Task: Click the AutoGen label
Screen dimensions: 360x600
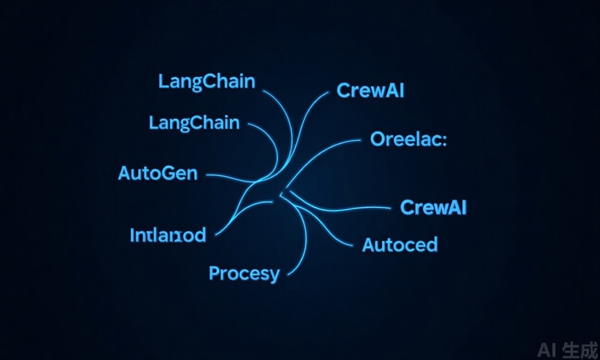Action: (x=157, y=173)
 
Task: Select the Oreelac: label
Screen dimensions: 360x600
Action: (x=408, y=139)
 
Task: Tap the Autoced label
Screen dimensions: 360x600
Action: (x=400, y=245)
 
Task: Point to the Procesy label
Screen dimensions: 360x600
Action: (x=244, y=273)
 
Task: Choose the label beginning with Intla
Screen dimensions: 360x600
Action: (x=167, y=235)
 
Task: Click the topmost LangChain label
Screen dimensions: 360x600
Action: (x=207, y=82)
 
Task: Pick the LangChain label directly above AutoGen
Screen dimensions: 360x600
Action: (x=194, y=123)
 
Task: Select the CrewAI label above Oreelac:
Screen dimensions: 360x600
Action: (x=370, y=90)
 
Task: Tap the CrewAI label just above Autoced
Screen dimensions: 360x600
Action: (x=434, y=207)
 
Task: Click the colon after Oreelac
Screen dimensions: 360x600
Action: (x=444, y=140)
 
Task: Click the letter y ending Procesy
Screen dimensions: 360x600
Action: (x=274, y=275)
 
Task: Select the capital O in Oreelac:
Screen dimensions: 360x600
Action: (x=378, y=139)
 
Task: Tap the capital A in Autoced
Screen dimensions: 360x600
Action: (x=369, y=245)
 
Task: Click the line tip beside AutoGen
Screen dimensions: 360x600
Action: (x=208, y=174)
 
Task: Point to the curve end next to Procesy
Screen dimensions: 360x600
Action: (x=287, y=275)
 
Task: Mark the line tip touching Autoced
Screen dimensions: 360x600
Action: (x=351, y=245)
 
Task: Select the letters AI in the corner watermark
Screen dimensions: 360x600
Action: (x=547, y=350)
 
